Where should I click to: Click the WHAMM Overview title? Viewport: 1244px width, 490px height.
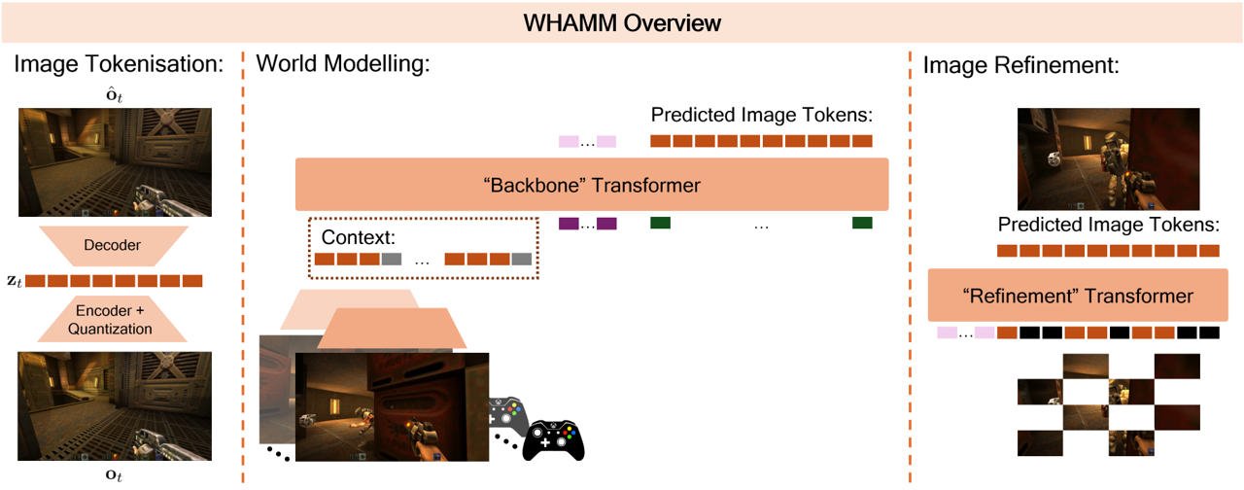[622, 21]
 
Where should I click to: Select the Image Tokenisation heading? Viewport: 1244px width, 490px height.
[119, 65]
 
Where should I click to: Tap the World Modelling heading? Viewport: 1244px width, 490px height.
[342, 65]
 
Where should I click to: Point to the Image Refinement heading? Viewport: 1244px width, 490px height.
[1021, 65]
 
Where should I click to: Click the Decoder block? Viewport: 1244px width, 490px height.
[112, 246]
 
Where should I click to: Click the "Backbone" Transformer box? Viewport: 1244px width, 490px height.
[592, 185]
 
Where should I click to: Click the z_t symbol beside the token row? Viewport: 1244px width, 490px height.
[12, 281]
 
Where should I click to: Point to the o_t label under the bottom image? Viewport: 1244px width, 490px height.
[114, 475]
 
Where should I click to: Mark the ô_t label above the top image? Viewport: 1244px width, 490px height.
[114, 95]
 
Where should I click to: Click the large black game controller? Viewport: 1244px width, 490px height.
[554, 440]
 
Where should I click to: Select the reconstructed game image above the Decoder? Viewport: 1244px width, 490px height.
[115, 161]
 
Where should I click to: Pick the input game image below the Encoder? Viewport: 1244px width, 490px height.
[115, 405]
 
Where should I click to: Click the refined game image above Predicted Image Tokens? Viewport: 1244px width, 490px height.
[1108, 158]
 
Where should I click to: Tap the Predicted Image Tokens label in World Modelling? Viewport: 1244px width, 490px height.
[761, 114]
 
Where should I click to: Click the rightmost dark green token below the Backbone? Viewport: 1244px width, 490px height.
[862, 224]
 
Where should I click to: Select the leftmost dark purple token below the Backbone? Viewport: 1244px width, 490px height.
[569, 224]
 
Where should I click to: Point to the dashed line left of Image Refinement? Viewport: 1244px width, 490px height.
[910, 262]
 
